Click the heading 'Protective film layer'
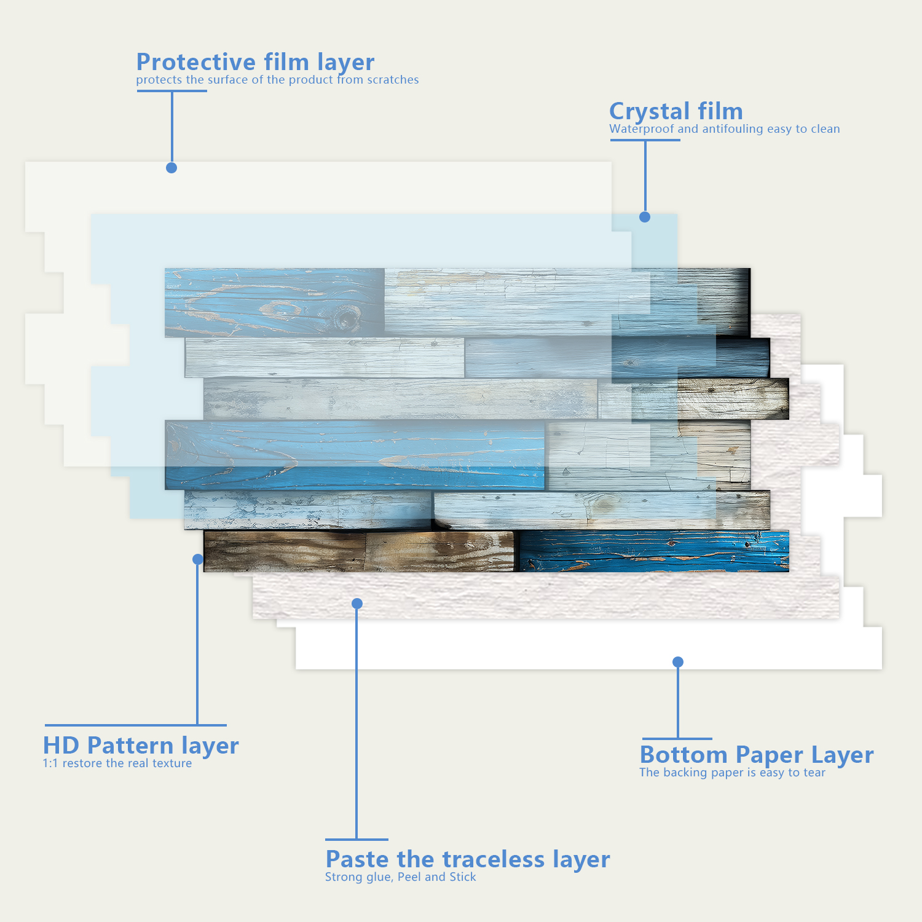tap(255, 63)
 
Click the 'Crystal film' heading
tap(676, 112)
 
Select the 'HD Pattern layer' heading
tap(141, 746)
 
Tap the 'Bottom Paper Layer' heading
tap(756, 755)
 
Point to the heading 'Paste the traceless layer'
tap(467, 859)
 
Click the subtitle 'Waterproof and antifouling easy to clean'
tap(724, 129)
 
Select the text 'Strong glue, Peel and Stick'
tap(400, 877)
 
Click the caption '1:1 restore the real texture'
tap(117, 763)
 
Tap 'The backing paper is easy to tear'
tap(732, 773)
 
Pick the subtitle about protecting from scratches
tap(277, 80)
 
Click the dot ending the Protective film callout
tap(171, 168)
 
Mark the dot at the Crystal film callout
tap(645, 217)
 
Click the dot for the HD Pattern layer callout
tap(198, 559)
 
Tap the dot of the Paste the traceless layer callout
tap(357, 604)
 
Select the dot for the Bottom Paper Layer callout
tap(678, 662)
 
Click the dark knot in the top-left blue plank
tap(346, 319)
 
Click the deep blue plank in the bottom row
tap(654, 551)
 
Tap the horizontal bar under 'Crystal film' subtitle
tap(645, 140)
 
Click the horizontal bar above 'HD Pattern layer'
tap(135, 725)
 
